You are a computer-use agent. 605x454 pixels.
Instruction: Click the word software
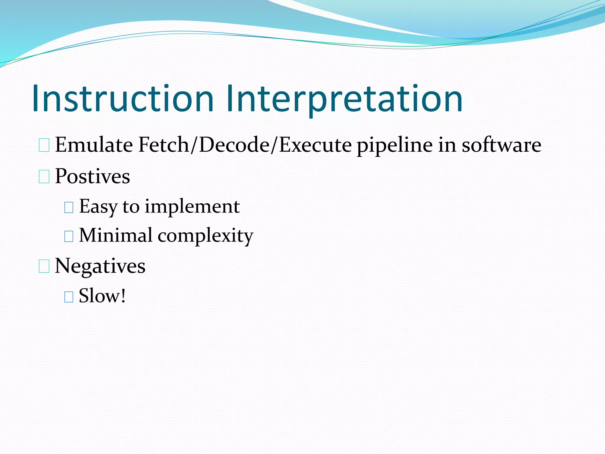coord(501,145)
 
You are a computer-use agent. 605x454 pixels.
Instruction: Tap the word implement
coord(192,207)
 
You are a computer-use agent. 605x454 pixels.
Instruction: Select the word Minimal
coord(116,236)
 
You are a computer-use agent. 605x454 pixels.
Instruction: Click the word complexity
coord(205,236)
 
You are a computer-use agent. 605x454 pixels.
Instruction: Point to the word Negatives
coord(100,266)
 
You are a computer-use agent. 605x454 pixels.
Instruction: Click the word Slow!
coord(102,296)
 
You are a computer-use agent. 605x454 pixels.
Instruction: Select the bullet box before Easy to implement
coord(69,207)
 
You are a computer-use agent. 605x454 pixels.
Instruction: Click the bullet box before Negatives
coord(44,266)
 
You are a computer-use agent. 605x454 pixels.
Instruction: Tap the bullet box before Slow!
coord(69,296)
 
